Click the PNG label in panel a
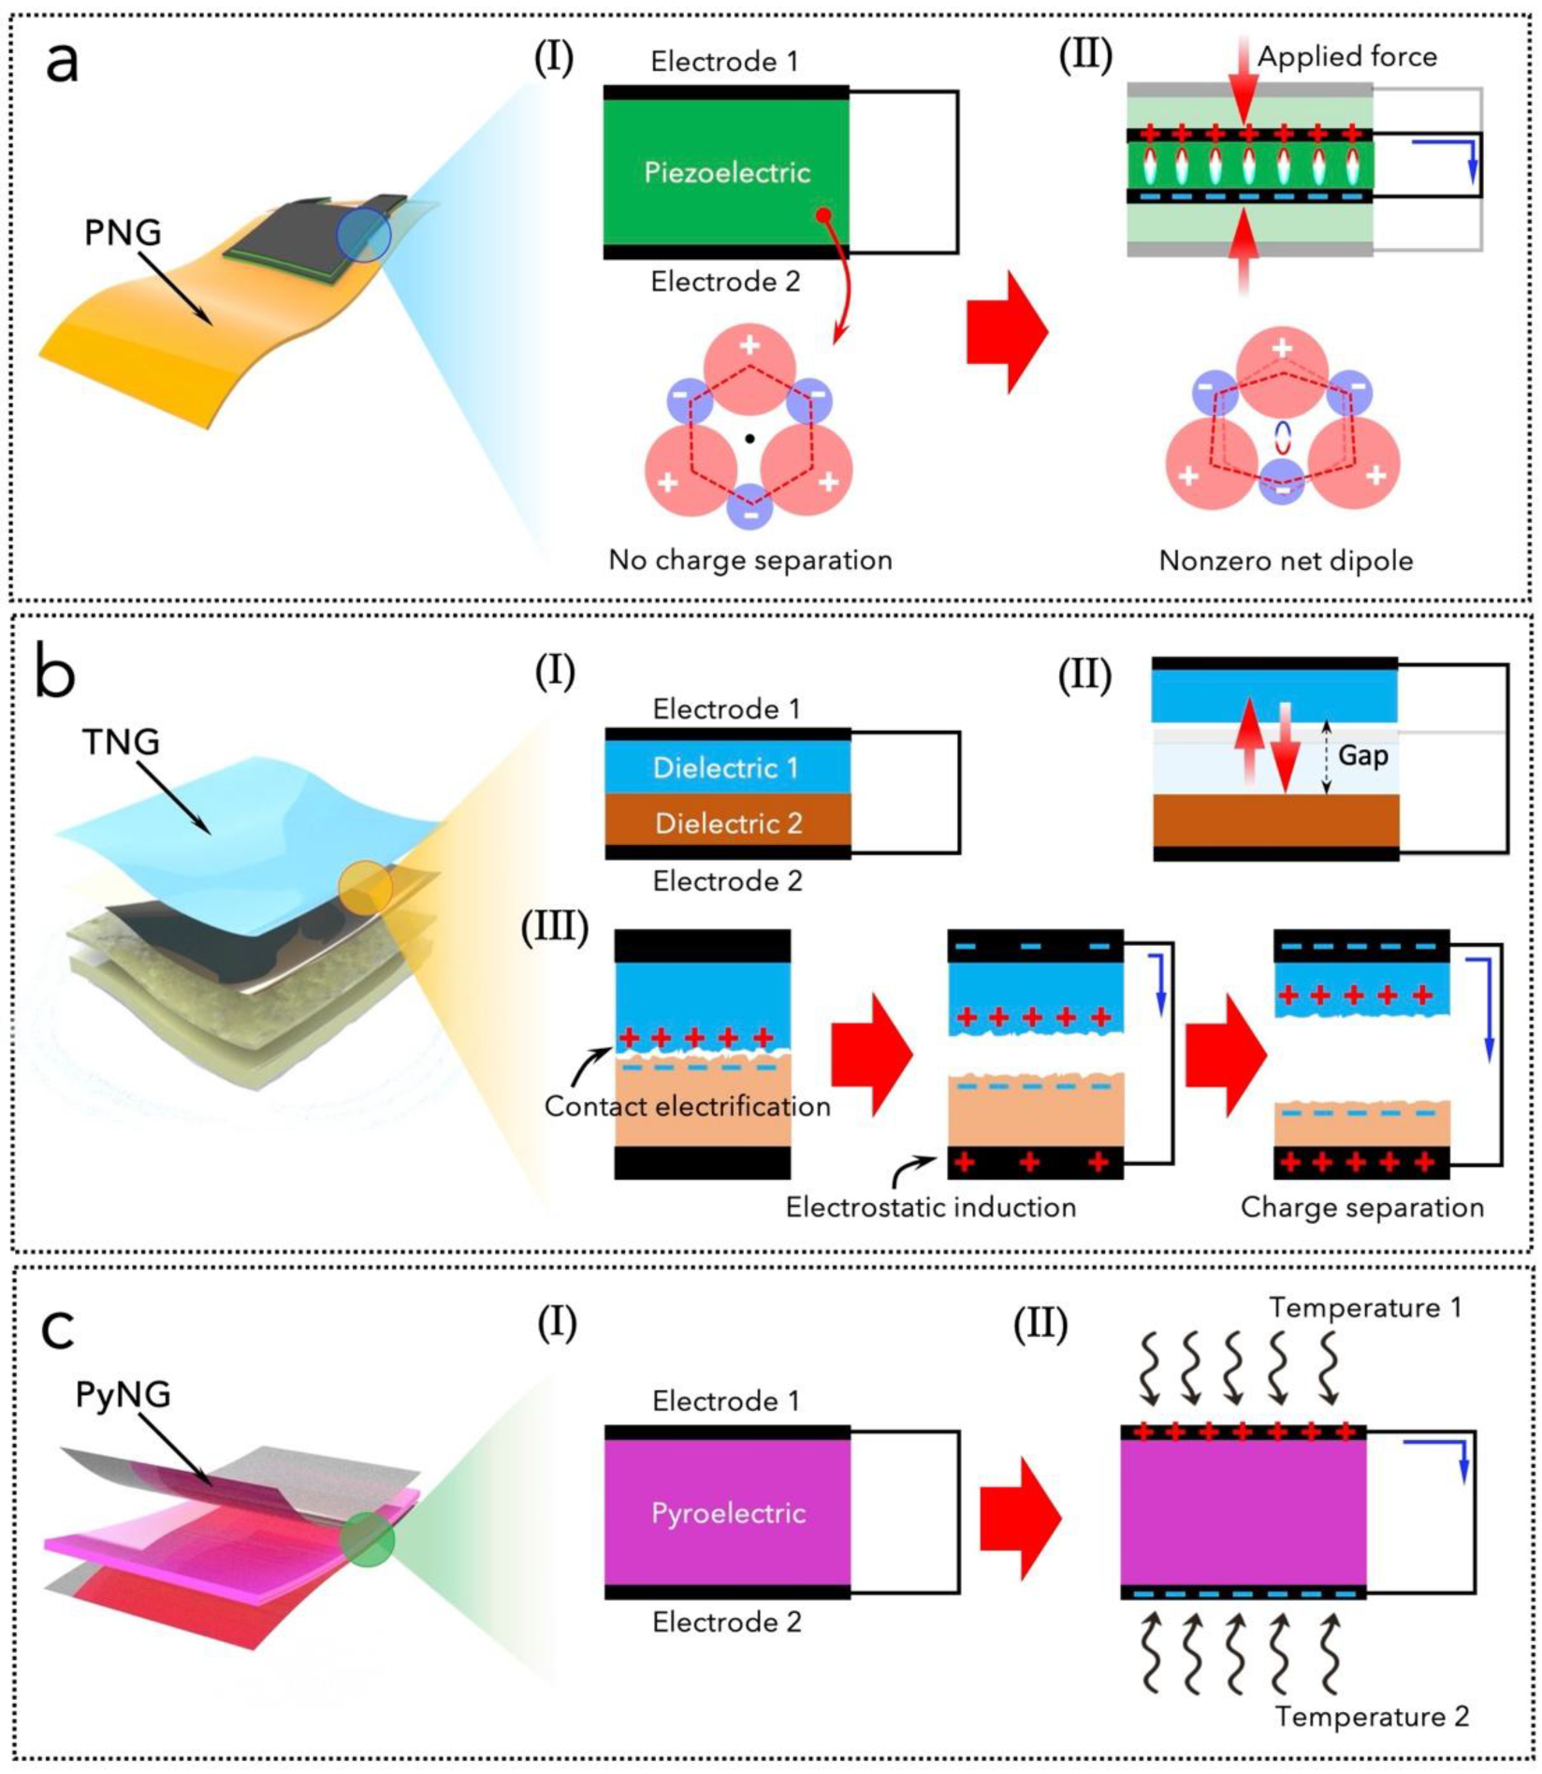point(123,232)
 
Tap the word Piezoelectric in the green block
point(727,172)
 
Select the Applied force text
point(1346,57)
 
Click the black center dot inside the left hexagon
point(750,438)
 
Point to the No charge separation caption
point(750,560)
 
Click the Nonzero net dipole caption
point(1286,560)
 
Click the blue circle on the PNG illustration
point(364,235)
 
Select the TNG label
point(121,742)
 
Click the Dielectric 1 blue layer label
point(726,768)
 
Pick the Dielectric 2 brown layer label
point(728,823)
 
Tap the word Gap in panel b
point(1362,755)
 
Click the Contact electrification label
point(687,1106)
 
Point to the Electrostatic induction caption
point(930,1207)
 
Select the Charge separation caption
point(1361,1207)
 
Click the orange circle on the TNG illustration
point(366,887)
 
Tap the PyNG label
point(123,1394)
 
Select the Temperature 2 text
point(1372,1716)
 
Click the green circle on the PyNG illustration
point(367,1540)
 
